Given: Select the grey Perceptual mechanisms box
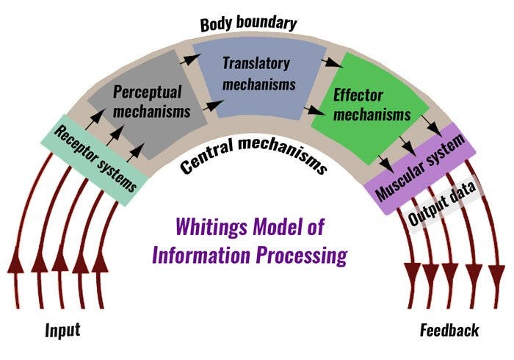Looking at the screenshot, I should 151,103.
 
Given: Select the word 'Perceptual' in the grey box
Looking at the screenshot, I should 147,92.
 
